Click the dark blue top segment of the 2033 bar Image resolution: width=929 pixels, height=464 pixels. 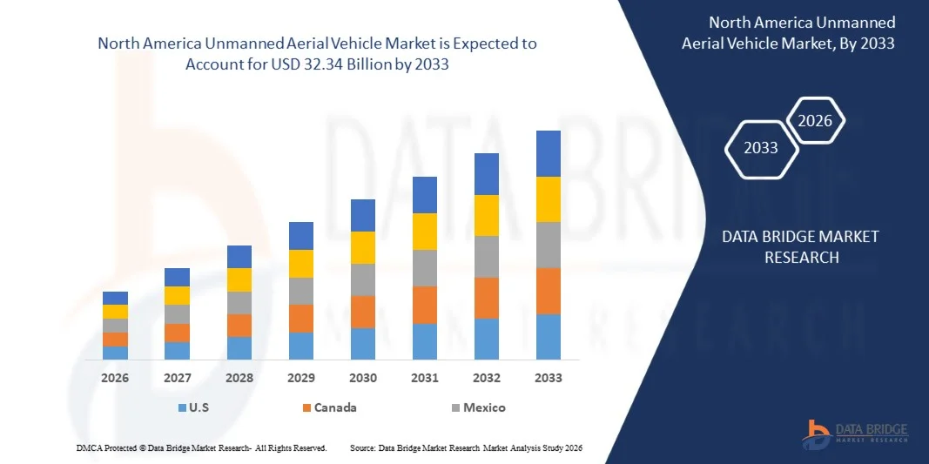548,153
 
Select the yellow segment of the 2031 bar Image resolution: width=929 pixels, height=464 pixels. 424,232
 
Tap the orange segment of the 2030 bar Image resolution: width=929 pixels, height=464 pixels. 362,312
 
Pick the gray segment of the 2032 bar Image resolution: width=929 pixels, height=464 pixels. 486,257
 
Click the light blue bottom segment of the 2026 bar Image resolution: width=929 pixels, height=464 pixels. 115,353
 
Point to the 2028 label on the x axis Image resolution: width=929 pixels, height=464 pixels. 239,378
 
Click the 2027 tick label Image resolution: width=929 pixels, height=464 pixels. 177,378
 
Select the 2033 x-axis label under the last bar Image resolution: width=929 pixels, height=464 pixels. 548,378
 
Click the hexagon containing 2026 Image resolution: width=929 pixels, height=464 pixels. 816,122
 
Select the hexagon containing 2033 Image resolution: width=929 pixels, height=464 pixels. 761,148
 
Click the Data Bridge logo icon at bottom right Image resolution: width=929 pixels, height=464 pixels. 818,434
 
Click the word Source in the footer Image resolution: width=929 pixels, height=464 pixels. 361,447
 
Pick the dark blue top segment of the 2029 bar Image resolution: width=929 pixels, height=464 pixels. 300,236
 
